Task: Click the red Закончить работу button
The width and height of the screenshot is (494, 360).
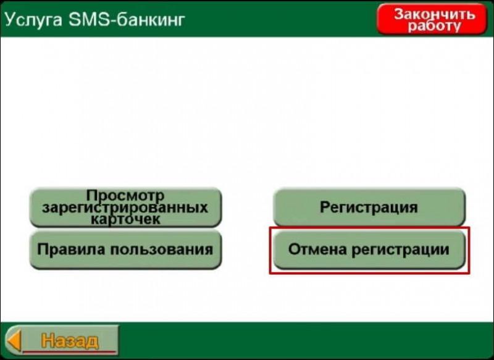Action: click(x=432, y=19)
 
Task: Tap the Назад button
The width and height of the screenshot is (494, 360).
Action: click(x=62, y=340)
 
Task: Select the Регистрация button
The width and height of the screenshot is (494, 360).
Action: click(x=369, y=207)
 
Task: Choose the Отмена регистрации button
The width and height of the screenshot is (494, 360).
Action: click(x=369, y=249)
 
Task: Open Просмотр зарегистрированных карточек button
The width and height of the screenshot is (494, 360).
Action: click(x=126, y=207)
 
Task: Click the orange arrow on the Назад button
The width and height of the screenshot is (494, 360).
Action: click(x=14, y=340)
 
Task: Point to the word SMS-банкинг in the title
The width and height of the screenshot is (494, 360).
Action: click(x=127, y=20)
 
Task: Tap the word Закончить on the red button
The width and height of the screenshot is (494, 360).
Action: click(x=435, y=14)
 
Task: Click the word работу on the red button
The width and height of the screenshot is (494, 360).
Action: click(x=435, y=26)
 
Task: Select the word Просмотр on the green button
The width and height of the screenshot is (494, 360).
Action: click(x=125, y=196)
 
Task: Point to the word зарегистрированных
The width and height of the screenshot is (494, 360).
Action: click(x=125, y=207)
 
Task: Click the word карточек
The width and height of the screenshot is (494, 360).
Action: click(x=125, y=219)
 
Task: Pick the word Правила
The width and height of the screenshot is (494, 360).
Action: click(x=71, y=249)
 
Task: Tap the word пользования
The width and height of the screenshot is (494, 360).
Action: click(x=162, y=249)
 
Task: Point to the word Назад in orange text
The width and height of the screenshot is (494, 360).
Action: click(x=70, y=340)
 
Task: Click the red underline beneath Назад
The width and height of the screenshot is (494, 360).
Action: click(x=70, y=351)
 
